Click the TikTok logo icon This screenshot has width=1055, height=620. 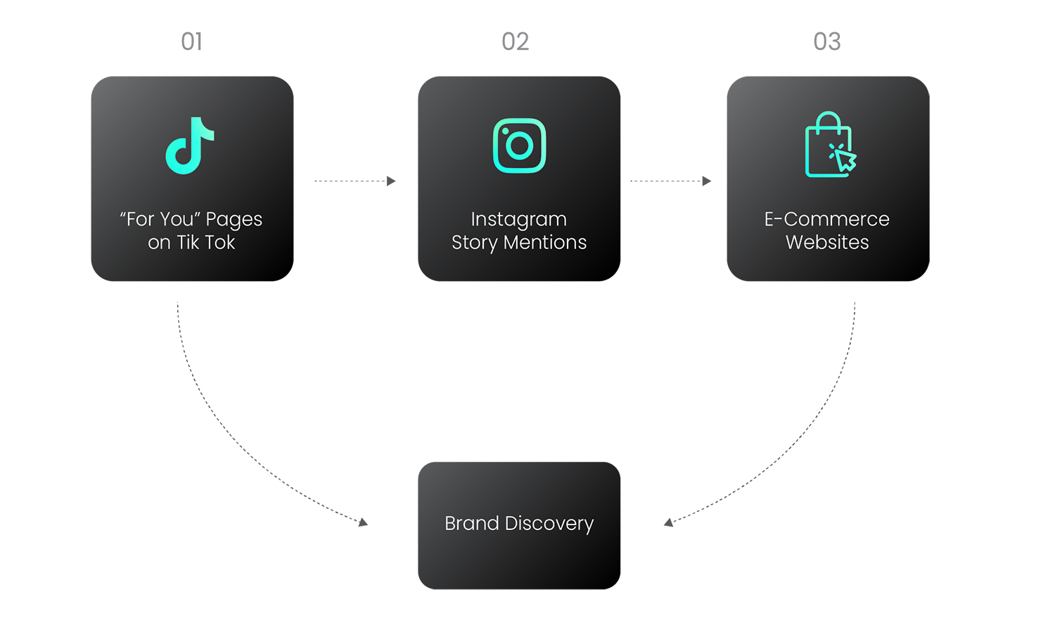coord(189,146)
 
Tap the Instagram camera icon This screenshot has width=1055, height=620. coord(519,146)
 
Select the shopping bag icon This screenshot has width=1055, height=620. coord(828,146)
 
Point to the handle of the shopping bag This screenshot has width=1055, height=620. coord(829,120)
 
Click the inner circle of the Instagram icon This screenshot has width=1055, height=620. coord(519,146)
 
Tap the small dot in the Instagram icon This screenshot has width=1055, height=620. coord(506,131)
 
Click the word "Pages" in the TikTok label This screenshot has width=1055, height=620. coord(234,220)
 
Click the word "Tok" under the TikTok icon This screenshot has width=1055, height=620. coord(220,243)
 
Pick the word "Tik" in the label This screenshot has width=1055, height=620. coord(188,243)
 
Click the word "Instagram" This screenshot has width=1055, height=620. coord(518,220)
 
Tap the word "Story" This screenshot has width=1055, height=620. coord(474,243)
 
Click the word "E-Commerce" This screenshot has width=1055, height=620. coord(826,219)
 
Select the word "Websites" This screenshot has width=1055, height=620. coord(827,243)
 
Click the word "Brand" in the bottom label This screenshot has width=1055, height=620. coord(471,524)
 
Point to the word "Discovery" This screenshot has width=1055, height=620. coord(549,524)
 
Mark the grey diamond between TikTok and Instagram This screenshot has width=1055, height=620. coord(355,181)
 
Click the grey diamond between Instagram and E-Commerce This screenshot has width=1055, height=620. coord(672,181)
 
